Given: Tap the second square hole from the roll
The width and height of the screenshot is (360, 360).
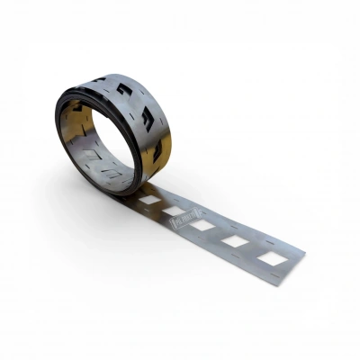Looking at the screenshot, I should (175, 211).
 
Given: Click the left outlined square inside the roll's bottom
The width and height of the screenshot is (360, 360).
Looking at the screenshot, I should (90, 166).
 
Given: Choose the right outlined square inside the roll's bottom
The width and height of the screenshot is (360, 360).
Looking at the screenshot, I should (112, 171).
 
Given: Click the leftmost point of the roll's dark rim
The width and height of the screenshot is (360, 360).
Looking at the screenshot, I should (55, 126).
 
